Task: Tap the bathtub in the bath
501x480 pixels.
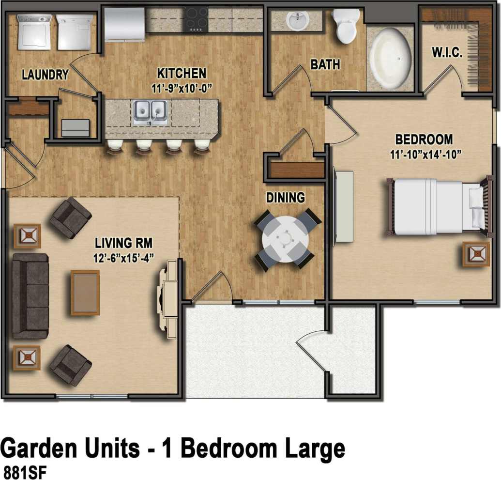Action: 390,58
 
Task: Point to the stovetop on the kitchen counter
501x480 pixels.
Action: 196,19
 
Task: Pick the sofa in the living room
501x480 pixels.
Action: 30,295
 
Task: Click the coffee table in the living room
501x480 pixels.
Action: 85,293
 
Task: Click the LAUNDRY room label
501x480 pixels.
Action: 45,75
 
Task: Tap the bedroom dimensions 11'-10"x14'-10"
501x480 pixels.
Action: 424,155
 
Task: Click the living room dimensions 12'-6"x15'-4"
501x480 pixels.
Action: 124,257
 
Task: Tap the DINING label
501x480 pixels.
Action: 286,198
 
